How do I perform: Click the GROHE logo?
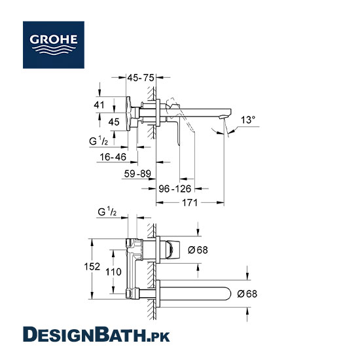[54, 45]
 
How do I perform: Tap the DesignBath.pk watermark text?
[96, 334]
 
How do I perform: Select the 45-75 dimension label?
[141, 78]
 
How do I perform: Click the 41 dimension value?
[99, 105]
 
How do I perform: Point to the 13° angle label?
[247, 120]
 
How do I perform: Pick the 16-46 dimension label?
[113, 157]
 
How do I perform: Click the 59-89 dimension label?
[137, 174]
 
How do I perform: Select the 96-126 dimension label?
[175, 189]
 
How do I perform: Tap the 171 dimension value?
[190, 203]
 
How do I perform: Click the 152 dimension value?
[92, 266]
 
